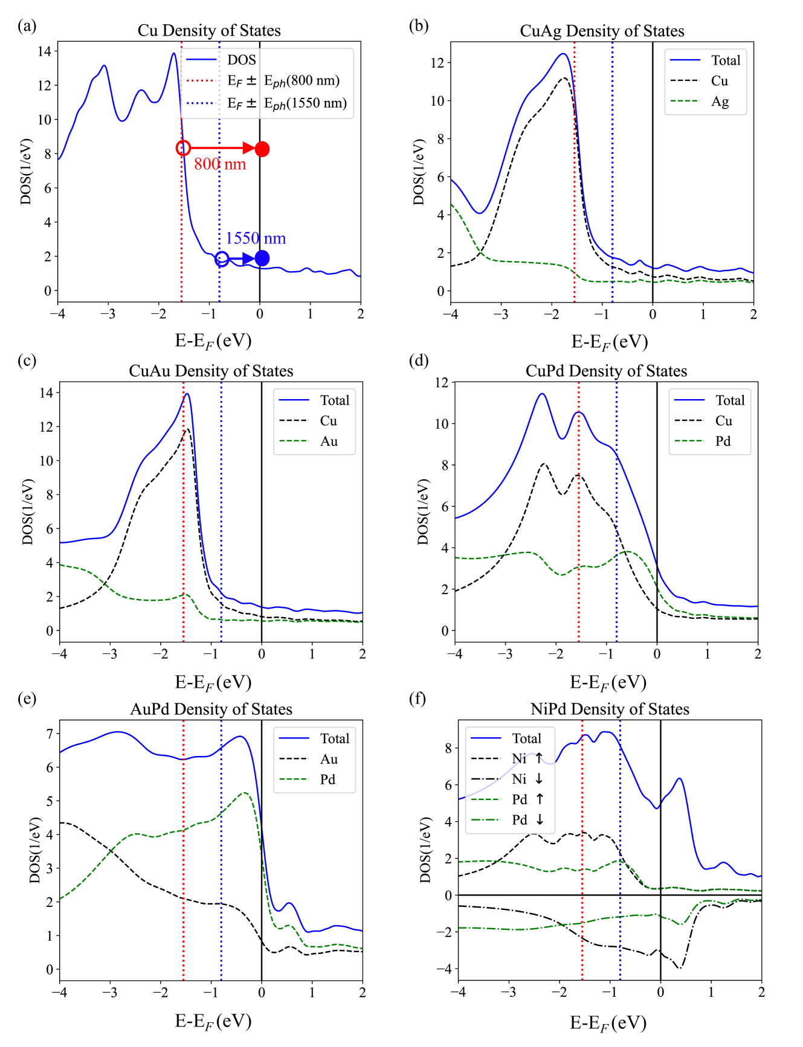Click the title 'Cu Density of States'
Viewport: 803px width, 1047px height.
coord(209,30)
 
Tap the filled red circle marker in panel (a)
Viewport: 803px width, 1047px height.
coord(262,149)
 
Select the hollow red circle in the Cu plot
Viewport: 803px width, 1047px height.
coord(183,148)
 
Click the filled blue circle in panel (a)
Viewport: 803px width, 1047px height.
coord(262,258)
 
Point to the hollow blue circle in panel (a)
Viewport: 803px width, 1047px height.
coord(222,258)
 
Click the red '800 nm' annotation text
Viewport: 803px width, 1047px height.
coord(220,164)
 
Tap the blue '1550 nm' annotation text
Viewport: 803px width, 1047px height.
coord(256,239)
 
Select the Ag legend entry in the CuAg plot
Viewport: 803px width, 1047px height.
coord(719,101)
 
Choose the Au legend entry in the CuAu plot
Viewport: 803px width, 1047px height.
coord(329,441)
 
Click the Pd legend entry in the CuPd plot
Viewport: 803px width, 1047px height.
coord(723,441)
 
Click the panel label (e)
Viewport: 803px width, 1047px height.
coord(27,699)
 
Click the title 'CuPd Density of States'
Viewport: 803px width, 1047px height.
coord(606,371)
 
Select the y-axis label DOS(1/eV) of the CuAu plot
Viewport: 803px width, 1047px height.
coord(28,512)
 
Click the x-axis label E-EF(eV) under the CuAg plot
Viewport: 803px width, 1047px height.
coord(609,342)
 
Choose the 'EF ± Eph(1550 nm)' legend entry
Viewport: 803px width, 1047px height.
coord(287,103)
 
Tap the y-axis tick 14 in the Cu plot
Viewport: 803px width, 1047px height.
coord(45,51)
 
